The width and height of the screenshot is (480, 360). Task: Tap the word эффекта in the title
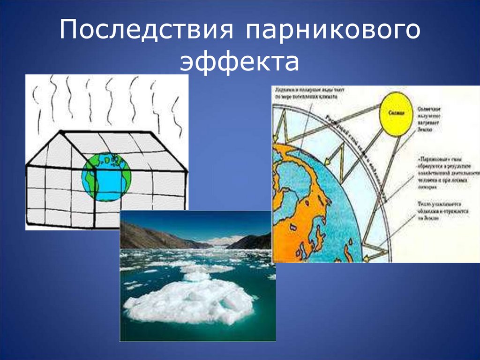click(240, 62)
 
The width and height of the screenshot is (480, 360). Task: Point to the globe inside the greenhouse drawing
click(106, 178)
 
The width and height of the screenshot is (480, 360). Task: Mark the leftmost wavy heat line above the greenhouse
click(36, 101)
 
